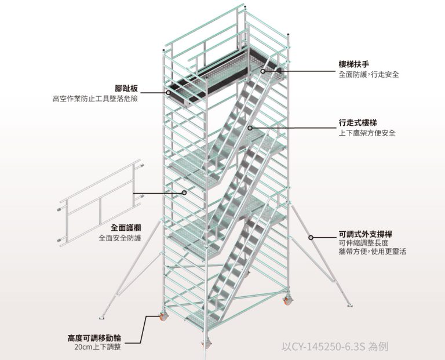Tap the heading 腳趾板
[x=126, y=89]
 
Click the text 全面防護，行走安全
[x=369, y=75]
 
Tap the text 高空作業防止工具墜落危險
[x=95, y=99]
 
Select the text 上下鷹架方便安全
[x=367, y=133]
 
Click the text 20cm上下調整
[x=98, y=347]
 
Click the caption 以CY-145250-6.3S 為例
[x=334, y=347]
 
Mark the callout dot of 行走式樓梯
[x=250, y=128]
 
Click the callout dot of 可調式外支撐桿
[x=311, y=237]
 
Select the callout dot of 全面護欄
[x=184, y=192]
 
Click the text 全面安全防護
[x=120, y=238]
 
